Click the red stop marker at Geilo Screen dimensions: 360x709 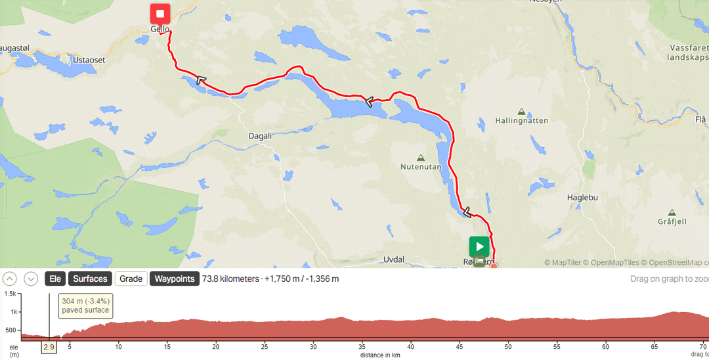pos(160,14)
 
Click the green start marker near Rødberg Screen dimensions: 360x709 pos(479,247)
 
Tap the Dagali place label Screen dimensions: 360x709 pos(261,136)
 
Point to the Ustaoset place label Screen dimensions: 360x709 pos(89,60)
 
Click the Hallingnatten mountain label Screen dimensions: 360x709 pos(522,121)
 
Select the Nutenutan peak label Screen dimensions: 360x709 pos(420,168)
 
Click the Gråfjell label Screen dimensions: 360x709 pos(672,221)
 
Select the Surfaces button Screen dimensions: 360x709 pos(90,279)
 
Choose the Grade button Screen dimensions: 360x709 pos(131,279)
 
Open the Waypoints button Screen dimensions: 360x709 pos(175,279)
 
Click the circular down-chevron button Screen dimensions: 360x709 pos(31,279)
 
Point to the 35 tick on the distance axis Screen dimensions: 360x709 pos(362,346)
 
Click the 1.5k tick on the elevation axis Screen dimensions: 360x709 pos(10,294)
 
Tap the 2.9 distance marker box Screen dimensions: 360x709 pos(49,346)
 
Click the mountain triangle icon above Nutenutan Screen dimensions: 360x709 pos(420,158)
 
